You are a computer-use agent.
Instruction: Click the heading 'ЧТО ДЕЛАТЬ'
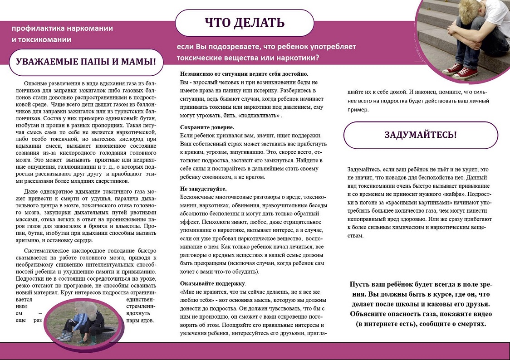point(245,23)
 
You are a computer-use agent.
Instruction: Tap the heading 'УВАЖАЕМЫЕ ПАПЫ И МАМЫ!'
point(86,62)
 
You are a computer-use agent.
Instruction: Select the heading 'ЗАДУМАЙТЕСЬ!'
point(421,135)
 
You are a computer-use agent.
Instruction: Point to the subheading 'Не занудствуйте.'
point(203,189)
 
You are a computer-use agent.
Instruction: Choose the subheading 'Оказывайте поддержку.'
point(213,284)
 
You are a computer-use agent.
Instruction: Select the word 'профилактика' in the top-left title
point(38,28)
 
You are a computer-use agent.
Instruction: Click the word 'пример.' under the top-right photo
point(359,110)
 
